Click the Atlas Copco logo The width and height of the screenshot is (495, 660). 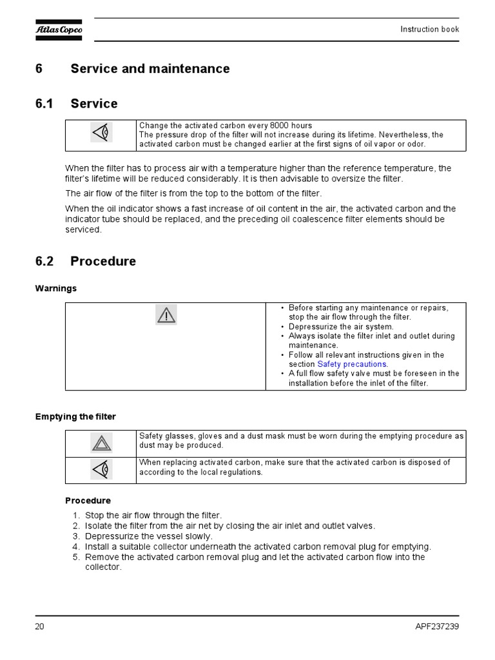click(x=59, y=30)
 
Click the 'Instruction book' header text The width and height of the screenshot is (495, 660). click(x=429, y=30)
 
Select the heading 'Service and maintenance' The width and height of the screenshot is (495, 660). click(x=150, y=69)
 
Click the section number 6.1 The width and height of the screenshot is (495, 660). click(x=44, y=104)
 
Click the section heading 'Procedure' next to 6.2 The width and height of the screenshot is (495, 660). click(x=103, y=262)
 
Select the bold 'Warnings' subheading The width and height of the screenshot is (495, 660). click(x=55, y=289)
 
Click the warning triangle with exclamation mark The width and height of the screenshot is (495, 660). click(x=166, y=315)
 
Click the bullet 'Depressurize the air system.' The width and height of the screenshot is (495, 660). click(x=341, y=327)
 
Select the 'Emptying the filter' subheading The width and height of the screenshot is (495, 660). click(x=75, y=417)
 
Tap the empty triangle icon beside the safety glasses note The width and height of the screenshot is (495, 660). click(x=101, y=443)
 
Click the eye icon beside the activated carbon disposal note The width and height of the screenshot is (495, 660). click(x=101, y=469)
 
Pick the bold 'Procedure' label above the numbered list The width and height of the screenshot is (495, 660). click(x=88, y=501)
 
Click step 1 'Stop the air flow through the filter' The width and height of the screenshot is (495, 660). click(x=153, y=516)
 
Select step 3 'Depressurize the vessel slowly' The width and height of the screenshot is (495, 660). click(x=149, y=536)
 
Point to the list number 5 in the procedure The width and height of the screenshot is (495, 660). click(x=75, y=557)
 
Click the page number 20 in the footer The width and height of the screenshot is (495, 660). click(x=40, y=626)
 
